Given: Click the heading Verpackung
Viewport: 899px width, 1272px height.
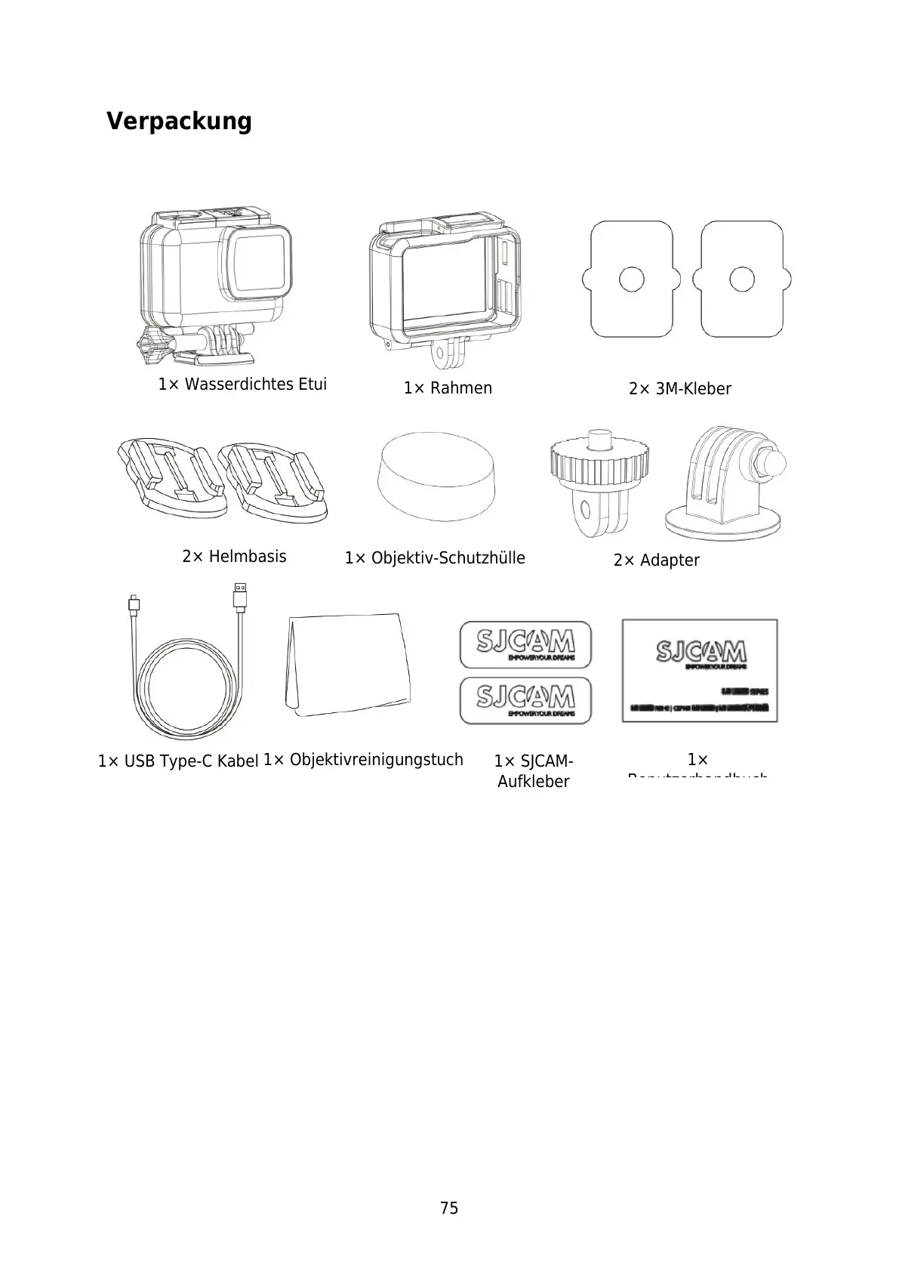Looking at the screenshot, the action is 179,121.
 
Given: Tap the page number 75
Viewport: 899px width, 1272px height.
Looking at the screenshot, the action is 449,1208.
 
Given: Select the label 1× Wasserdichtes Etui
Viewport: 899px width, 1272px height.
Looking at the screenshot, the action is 242,384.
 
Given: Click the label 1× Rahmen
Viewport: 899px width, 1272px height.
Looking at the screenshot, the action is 448,388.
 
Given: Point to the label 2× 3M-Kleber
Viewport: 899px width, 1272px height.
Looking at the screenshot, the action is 679,389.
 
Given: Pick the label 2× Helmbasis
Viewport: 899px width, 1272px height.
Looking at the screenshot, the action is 234,557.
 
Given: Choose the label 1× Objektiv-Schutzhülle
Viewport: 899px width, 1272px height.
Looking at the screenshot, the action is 435,558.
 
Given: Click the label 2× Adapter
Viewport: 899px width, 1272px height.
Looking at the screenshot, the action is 656,560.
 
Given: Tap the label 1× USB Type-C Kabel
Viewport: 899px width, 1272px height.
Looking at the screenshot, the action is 178,761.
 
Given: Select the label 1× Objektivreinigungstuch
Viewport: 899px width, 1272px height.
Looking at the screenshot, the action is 363,760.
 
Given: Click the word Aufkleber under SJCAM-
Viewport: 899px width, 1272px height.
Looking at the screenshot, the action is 533,782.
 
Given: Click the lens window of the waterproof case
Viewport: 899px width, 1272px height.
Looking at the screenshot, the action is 257,264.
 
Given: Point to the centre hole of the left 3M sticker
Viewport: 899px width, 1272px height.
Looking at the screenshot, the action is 631,279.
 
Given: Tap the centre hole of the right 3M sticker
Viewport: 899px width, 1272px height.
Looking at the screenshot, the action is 741,279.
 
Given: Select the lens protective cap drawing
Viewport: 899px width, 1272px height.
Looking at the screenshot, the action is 436,476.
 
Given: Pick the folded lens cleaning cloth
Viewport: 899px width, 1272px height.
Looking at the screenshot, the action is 348,664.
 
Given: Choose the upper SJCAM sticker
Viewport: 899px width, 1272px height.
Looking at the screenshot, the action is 525,644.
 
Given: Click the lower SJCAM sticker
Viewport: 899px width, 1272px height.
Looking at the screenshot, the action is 525,699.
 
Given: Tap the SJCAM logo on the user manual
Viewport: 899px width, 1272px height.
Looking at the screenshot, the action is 700,652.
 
